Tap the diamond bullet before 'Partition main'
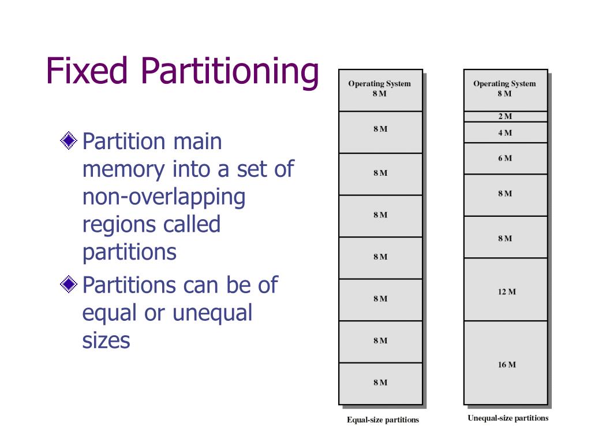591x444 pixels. [x=69, y=140]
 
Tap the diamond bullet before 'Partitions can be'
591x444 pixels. [x=69, y=284]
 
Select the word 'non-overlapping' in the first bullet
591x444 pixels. [x=164, y=197]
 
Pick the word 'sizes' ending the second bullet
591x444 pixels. [x=106, y=340]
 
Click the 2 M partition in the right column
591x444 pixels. [x=505, y=116]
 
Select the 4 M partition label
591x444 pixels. [x=505, y=132]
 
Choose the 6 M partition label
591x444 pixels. [x=505, y=158]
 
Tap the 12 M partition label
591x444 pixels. [x=507, y=291]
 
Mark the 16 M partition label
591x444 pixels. [x=507, y=364]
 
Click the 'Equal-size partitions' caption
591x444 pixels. [x=383, y=420]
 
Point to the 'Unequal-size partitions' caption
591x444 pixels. [x=508, y=418]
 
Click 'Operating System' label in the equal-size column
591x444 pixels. [x=379, y=84]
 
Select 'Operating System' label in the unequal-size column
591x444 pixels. [x=504, y=84]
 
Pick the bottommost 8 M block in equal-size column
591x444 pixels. [x=380, y=382]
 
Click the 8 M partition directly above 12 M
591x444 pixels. [x=505, y=238]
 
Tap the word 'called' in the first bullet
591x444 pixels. [x=192, y=224]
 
